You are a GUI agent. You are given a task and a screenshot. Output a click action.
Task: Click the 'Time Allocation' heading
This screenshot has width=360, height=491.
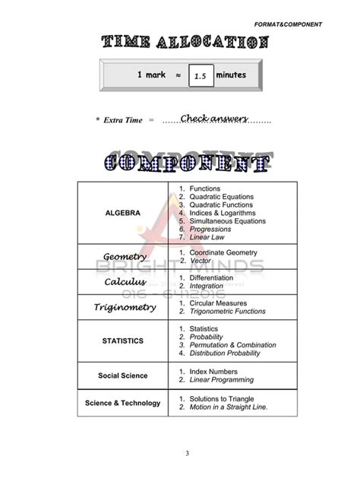tap(184, 44)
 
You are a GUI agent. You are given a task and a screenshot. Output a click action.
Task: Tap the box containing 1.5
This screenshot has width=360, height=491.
tap(201, 76)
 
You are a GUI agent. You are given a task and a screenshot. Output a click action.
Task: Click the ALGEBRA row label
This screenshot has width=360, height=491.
tap(122, 213)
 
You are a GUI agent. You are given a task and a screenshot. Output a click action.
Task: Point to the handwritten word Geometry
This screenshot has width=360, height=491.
tap(125, 257)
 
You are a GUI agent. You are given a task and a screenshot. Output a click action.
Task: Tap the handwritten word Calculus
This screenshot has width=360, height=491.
tap(125, 283)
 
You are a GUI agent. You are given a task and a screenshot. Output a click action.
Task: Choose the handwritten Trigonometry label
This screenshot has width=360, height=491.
tap(125, 308)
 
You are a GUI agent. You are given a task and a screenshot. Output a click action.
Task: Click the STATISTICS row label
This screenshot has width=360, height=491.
tap(122, 341)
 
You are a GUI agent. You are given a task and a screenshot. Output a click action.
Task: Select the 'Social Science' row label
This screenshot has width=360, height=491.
tap(122, 375)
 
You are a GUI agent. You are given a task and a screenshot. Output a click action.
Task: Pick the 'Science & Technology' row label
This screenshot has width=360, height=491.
tap(122, 403)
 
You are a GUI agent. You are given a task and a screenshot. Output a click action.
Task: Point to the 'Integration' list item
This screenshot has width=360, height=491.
tap(207, 287)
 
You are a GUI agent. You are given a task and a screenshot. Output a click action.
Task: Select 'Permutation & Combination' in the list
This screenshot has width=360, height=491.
tap(232, 344)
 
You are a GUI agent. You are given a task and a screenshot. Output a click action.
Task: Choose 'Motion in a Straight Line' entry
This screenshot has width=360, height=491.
tap(228, 407)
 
